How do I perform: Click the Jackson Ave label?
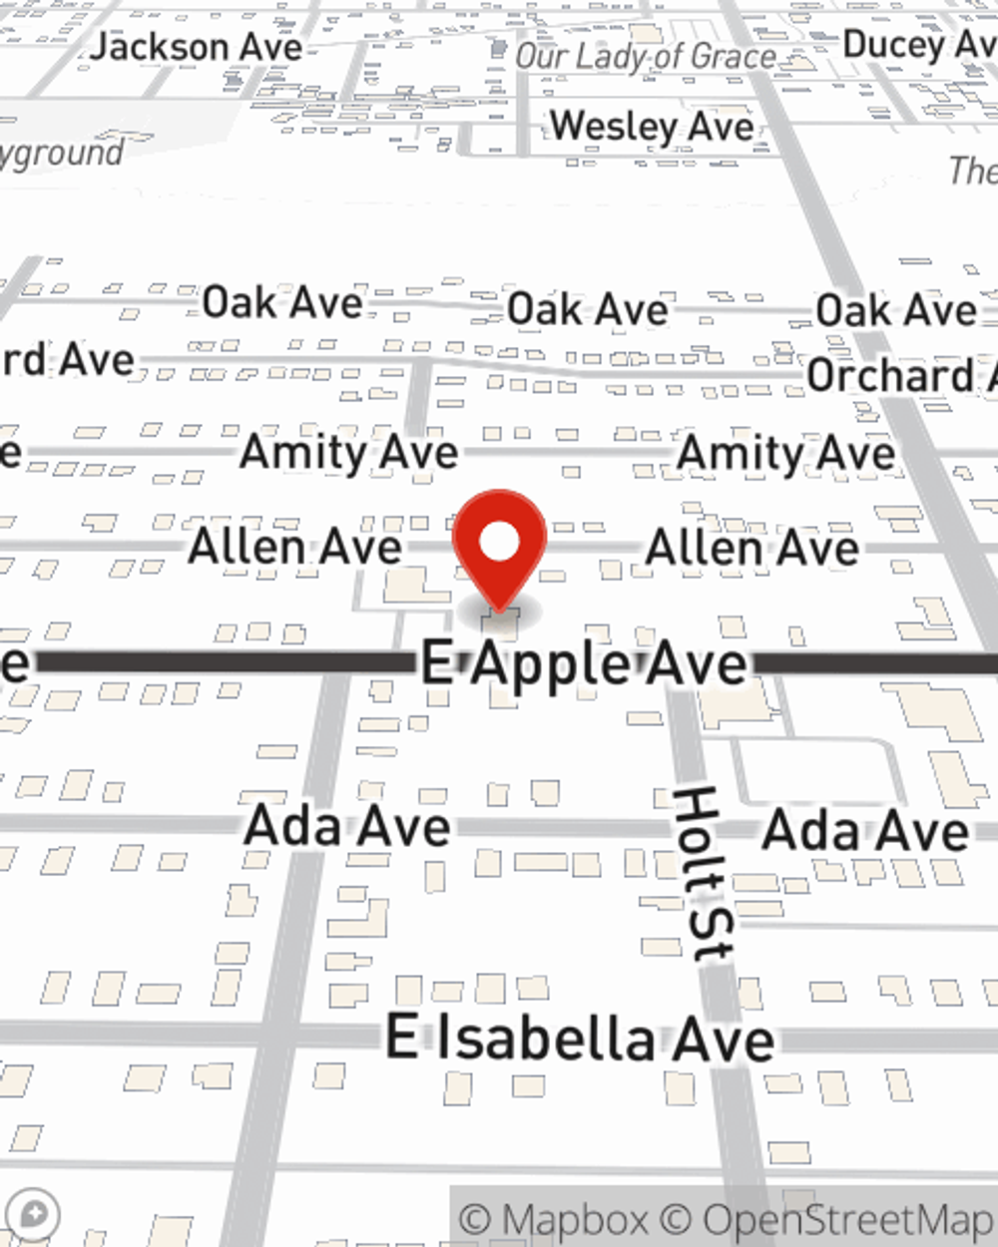pos(197,47)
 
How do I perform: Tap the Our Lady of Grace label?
pos(645,57)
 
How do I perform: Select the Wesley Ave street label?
pos(652,127)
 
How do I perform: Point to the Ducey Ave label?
pos(918,44)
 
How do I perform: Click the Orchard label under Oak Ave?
pos(898,376)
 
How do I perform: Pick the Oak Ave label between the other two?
pos(587,309)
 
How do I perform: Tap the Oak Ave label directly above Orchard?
pos(895,310)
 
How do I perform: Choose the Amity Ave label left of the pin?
pos(348,453)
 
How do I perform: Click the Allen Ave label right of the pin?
pos(751,548)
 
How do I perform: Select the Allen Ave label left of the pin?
pos(295,547)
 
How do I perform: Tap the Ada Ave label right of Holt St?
pos(864,831)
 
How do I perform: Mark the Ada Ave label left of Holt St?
pos(347,827)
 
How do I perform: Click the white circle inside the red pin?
pos(499,543)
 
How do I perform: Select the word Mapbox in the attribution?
pos(574,1220)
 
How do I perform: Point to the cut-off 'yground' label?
pos(62,154)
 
